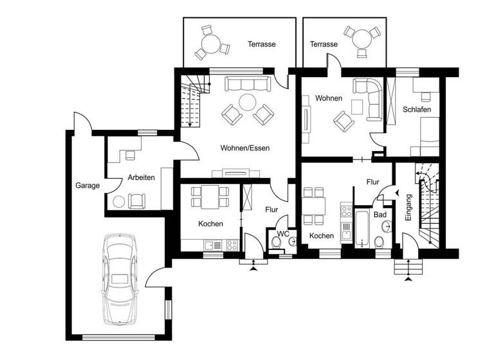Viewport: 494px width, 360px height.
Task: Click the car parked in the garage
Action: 120,278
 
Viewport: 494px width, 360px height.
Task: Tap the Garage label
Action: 87,186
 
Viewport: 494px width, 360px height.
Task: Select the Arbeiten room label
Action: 141,177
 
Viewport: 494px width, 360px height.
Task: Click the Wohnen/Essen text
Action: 244,148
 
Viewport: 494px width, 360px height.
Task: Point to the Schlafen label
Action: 417,110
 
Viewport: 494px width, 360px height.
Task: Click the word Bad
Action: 380,214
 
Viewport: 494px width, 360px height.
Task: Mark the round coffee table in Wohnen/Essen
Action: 246,102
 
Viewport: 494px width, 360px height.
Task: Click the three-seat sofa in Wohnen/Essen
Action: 246,84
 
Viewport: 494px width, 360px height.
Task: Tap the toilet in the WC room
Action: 277,242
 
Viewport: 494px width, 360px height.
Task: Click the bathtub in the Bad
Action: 361,228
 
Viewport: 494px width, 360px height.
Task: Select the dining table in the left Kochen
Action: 210,197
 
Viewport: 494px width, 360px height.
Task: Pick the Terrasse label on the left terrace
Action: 262,44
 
